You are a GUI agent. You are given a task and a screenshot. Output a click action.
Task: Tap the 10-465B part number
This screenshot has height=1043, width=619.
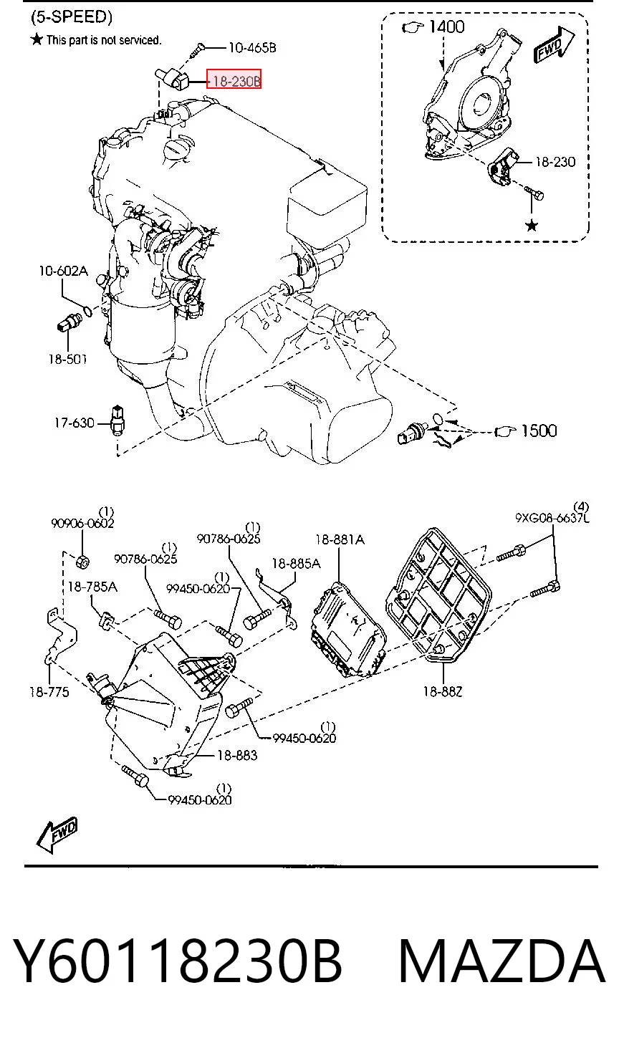252,47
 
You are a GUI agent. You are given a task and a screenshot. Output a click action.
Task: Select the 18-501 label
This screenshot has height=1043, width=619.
67,359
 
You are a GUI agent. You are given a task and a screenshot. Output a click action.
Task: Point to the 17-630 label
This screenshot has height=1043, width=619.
74,423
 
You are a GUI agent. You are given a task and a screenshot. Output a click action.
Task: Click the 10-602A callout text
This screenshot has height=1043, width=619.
63,271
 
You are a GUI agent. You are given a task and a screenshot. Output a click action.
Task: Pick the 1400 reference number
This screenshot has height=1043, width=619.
446,27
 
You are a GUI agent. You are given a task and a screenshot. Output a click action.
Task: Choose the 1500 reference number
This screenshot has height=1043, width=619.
539,431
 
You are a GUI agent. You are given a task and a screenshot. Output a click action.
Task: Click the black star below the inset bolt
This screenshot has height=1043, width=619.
532,226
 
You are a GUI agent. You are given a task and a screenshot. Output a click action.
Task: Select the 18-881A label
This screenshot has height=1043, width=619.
340,539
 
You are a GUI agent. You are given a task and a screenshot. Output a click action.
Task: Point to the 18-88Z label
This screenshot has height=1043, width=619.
443,691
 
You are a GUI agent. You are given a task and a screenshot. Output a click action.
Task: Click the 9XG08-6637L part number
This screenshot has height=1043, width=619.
552,518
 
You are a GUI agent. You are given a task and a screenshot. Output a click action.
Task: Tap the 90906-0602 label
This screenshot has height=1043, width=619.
82,524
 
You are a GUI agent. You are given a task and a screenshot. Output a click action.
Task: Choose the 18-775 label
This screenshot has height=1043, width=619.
49,692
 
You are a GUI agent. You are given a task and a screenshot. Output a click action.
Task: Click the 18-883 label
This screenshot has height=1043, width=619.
237,755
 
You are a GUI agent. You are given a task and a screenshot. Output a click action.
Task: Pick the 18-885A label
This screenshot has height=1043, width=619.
296,563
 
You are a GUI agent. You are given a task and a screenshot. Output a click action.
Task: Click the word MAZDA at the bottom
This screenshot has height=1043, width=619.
502,961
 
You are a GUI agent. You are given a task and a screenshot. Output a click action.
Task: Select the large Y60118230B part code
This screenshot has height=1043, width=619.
178,961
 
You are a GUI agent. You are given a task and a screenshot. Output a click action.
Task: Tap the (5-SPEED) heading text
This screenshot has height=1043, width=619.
72,17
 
